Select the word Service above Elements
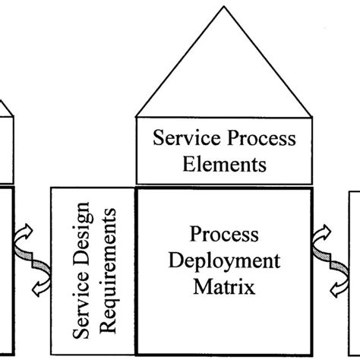pyautogui.click(x=182, y=139)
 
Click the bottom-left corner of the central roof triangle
pyautogui.click(x=136, y=117)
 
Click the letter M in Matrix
pyautogui.click(x=201, y=286)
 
